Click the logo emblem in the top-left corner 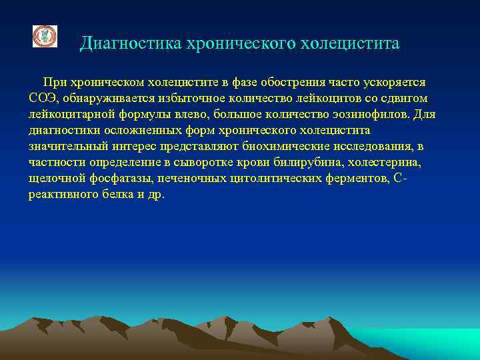45,37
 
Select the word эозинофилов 361,115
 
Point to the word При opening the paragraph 55,83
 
